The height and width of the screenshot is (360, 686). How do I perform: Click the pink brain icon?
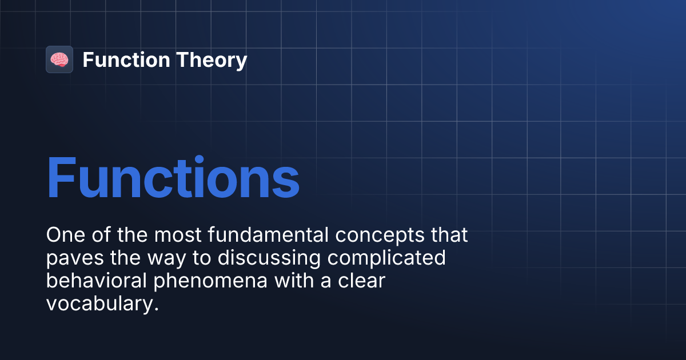pos(59,59)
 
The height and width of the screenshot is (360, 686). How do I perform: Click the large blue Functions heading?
pos(173,178)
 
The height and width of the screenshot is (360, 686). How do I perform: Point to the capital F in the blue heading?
pos(62,178)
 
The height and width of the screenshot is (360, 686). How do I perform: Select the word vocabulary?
pos(98,305)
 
